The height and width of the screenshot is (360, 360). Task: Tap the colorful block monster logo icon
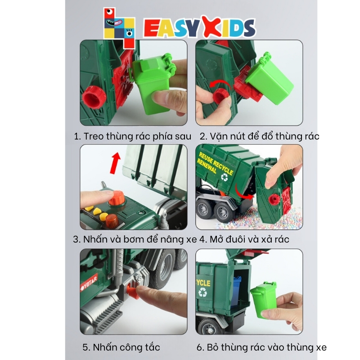[119, 28]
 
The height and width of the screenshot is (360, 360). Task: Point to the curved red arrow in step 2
[221, 84]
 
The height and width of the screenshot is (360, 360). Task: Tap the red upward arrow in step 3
[115, 162]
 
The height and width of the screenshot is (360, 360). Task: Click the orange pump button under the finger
[117, 199]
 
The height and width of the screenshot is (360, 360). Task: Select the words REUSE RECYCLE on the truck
[216, 163]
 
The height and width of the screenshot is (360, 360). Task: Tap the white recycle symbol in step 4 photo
[224, 177]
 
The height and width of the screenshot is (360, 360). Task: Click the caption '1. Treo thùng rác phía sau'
[132, 136]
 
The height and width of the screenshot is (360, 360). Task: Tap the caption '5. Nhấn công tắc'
[121, 347]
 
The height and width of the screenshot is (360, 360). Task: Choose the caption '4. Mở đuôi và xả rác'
[244, 239]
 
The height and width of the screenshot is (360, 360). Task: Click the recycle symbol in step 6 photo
[202, 292]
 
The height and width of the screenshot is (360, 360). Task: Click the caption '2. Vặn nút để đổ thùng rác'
[260, 136]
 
